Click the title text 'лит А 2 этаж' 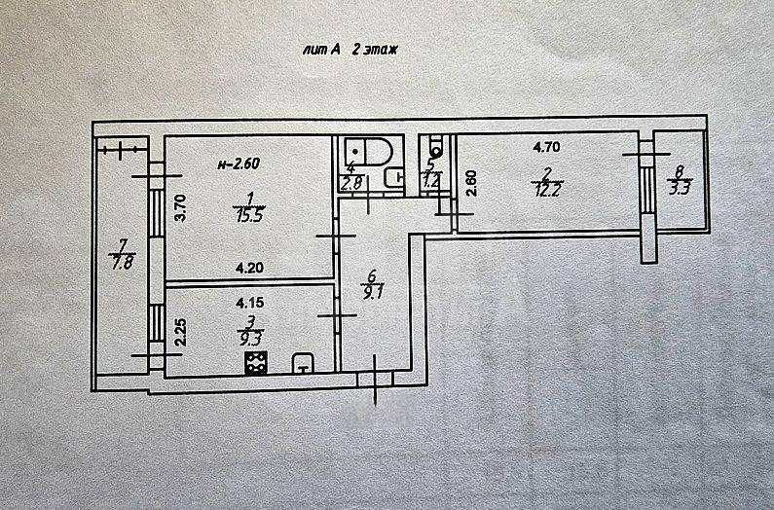click(350, 50)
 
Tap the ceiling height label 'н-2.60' click(239, 164)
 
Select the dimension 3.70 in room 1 click(181, 208)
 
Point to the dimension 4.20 click(250, 269)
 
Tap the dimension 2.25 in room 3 click(181, 332)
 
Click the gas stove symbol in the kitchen click(256, 362)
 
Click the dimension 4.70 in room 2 click(546, 147)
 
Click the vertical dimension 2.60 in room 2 click(471, 184)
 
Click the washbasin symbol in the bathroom click(394, 178)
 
